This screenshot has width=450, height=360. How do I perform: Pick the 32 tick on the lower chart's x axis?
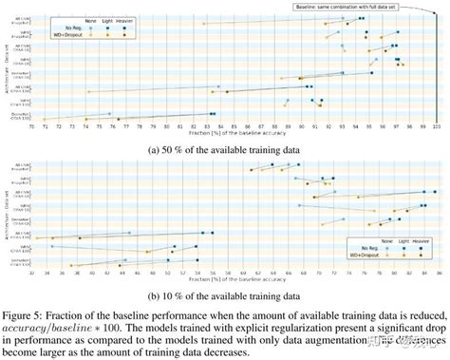(x=31, y=273)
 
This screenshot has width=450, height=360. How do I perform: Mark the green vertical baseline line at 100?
(x=436, y=66)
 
